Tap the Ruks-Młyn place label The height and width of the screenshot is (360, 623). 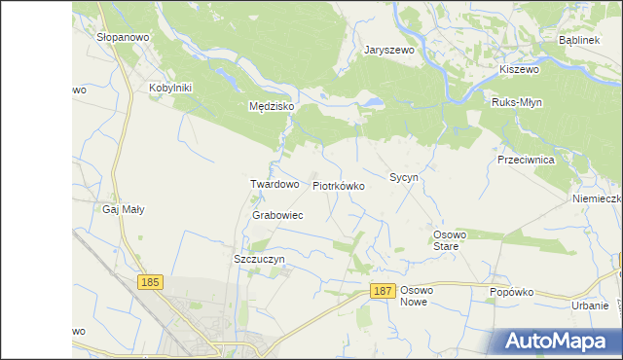click(517, 102)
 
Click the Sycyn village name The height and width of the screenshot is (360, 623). click(403, 178)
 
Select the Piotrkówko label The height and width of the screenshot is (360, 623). click(339, 185)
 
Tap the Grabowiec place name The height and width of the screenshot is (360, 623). click(277, 215)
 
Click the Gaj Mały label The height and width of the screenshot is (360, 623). click(124, 209)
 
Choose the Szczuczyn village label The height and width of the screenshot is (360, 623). click(259, 260)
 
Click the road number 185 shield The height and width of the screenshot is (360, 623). click(149, 282)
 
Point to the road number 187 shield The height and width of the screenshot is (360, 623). click(383, 291)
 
